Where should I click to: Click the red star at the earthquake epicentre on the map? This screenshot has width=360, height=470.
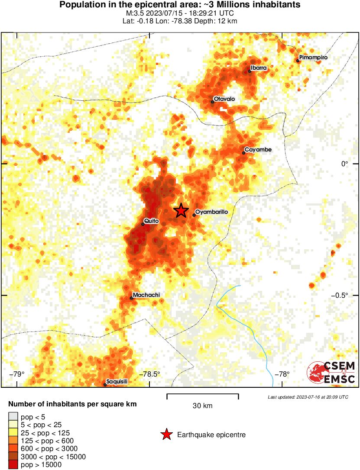click(181, 210)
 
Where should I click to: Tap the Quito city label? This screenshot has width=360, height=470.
click(152, 221)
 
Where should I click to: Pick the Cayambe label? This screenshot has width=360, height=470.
click(258, 150)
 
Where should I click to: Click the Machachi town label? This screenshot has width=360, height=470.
click(146, 295)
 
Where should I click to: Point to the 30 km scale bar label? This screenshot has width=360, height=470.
click(202, 406)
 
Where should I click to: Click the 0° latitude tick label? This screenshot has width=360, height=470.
click(344, 164)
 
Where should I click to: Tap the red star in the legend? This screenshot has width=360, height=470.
click(166, 435)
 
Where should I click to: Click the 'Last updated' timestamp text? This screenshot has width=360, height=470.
click(308, 397)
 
